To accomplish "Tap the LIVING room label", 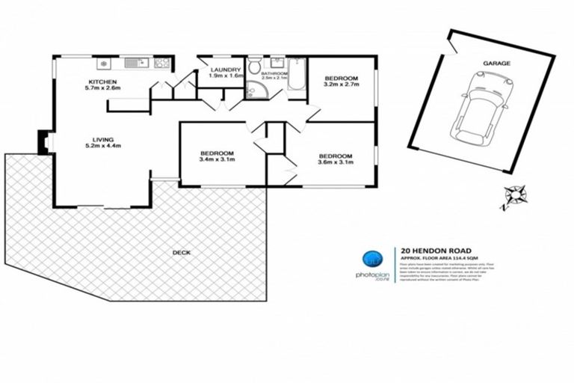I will tap(102, 139).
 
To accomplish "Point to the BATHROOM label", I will tap(274, 73).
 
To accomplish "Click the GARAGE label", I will tap(496, 64).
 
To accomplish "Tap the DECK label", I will tap(181, 252).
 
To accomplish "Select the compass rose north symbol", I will tap(513, 195).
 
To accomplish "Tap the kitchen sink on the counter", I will tap(135, 63).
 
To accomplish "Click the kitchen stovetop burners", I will tap(105, 63).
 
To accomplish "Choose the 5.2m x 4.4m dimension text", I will tap(102, 147).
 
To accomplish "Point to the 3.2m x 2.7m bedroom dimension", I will tap(342, 85).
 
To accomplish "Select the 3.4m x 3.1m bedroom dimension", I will tap(217, 159).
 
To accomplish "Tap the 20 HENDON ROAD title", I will tap(432, 252).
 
